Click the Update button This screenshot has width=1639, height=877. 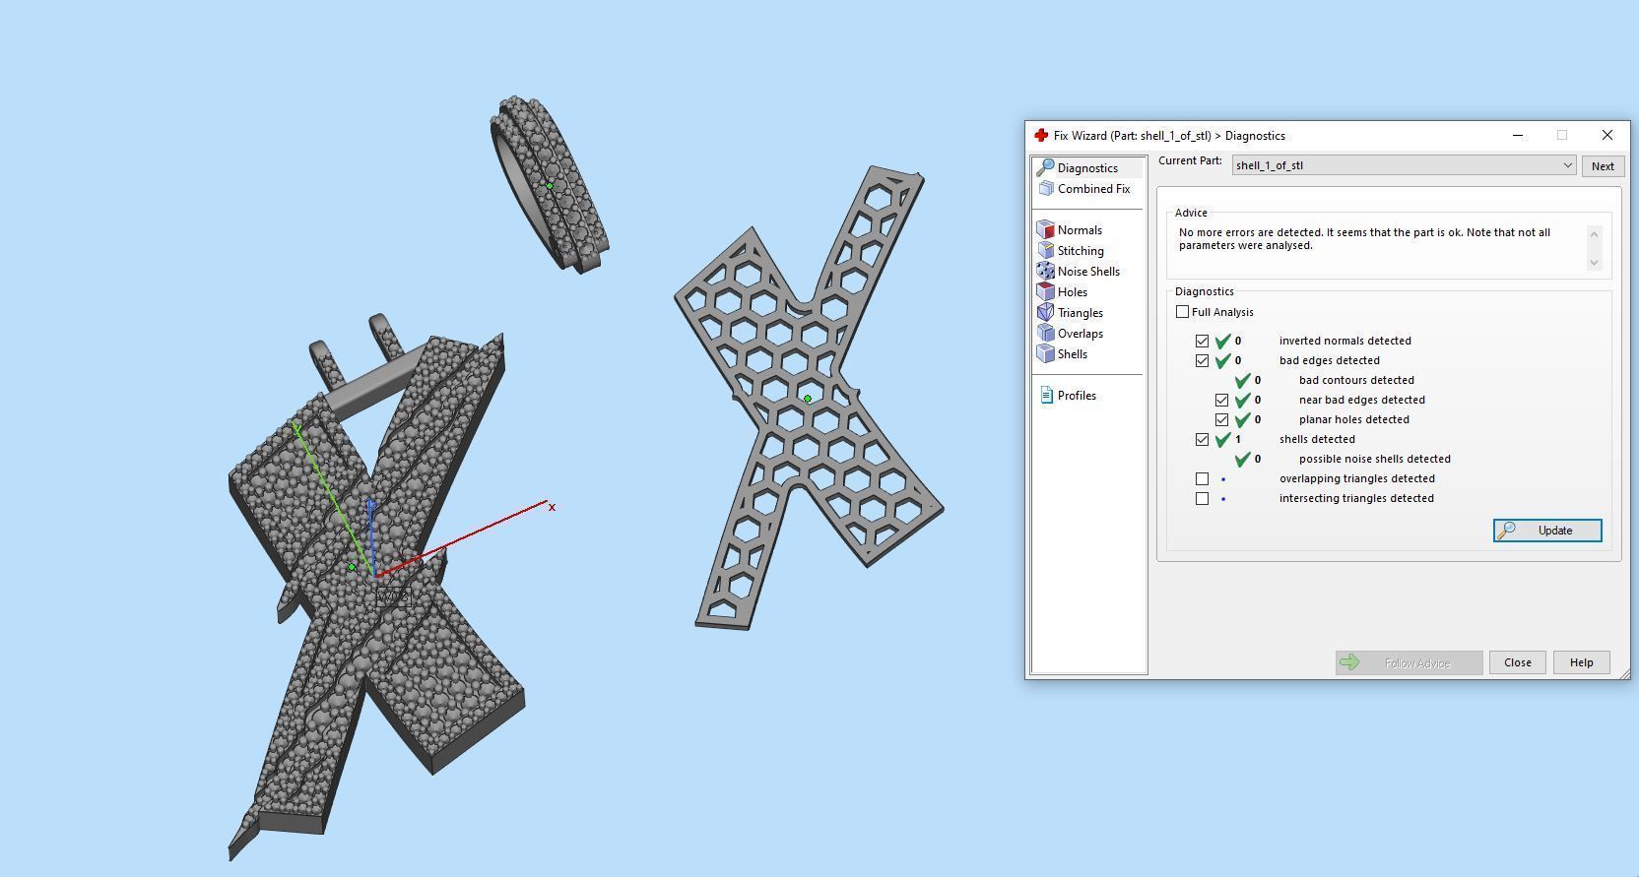click(x=1546, y=531)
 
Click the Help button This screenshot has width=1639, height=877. click(x=1580, y=662)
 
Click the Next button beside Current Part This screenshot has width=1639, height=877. click(x=1602, y=165)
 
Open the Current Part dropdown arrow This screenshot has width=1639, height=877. click(x=1567, y=165)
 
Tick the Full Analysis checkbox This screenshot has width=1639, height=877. click(x=1182, y=312)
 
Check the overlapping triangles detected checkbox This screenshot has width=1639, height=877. click(x=1202, y=478)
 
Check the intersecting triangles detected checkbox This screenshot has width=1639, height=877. click(x=1202, y=498)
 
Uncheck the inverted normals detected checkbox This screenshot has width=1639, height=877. click(x=1202, y=341)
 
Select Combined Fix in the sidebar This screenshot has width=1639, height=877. click(x=1092, y=189)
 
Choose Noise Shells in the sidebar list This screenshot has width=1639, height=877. click(x=1087, y=272)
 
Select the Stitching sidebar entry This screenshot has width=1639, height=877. click(x=1080, y=251)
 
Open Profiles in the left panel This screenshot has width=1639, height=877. click(x=1076, y=396)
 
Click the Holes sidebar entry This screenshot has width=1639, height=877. click(x=1072, y=292)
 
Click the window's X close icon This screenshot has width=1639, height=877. click(x=1606, y=135)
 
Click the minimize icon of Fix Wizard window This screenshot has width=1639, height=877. click(x=1517, y=135)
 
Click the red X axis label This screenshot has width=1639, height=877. click(x=552, y=508)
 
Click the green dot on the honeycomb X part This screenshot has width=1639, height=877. click(x=808, y=399)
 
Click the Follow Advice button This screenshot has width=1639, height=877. click(x=1409, y=662)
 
